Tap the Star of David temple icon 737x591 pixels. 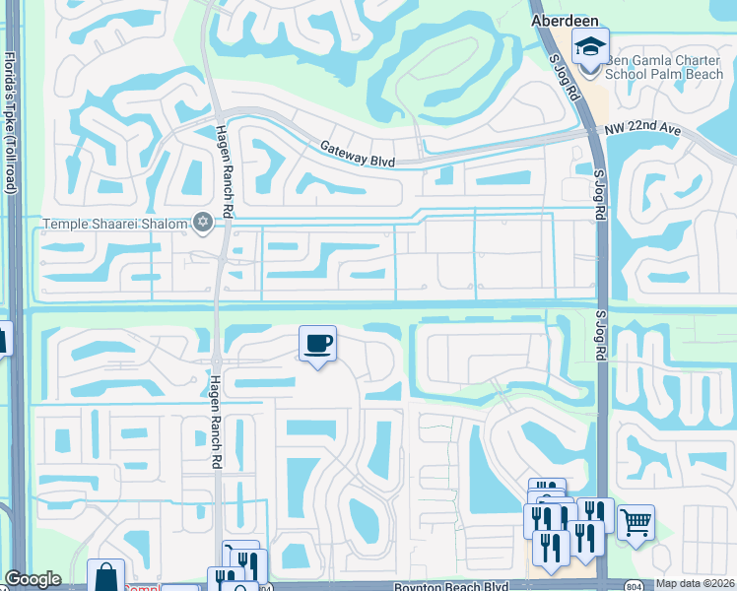click(204, 223)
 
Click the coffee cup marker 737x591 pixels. click(317, 345)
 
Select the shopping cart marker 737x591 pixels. click(636, 521)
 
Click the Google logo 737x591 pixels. click(33, 579)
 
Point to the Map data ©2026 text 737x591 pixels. click(695, 583)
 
